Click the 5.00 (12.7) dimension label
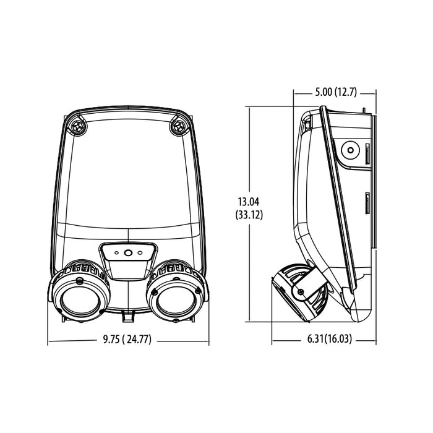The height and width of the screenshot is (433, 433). tap(335, 93)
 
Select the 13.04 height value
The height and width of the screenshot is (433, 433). tap(249, 201)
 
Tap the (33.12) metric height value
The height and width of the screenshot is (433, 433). tap(249, 215)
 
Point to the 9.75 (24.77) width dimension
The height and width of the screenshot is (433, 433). tap(127, 340)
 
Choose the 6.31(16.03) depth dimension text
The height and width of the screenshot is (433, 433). tap(324, 340)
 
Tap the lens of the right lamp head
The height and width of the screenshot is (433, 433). tap(176, 297)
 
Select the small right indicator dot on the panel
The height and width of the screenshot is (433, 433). tap(140, 252)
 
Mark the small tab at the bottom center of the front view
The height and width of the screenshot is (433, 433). tap(128, 317)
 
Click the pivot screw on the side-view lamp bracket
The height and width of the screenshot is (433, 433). tap(301, 291)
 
